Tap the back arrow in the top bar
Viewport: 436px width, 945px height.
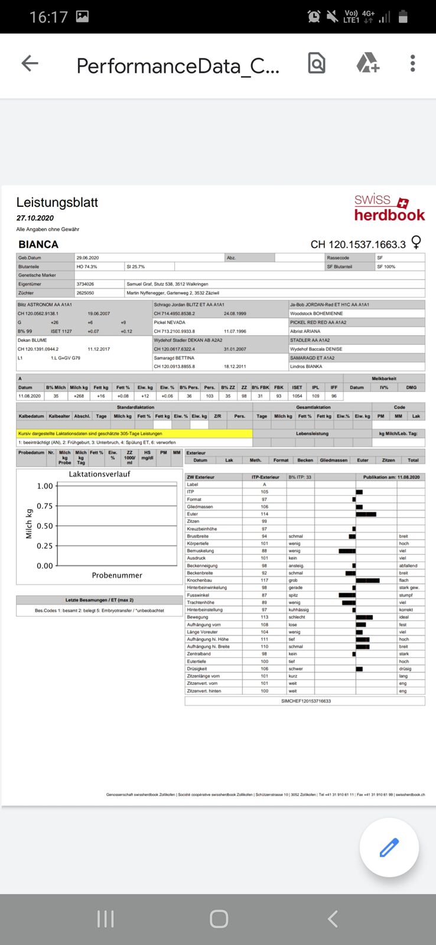[x=30, y=63]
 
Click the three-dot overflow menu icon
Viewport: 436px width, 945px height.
[x=412, y=63]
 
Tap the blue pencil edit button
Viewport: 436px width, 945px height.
[x=389, y=847]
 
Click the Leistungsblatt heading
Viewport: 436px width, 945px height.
[x=57, y=203]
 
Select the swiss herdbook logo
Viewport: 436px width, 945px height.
[x=389, y=208]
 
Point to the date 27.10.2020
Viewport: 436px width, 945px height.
[x=35, y=218]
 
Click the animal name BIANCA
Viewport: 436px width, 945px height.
[x=38, y=245]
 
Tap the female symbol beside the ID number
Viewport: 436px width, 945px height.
[x=417, y=242]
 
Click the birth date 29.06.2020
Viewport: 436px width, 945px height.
[x=87, y=258]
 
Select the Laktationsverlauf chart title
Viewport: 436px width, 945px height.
[x=99, y=474]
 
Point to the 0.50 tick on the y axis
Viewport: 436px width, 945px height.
[x=45, y=526]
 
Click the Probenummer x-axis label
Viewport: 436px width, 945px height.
[x=117, y=575]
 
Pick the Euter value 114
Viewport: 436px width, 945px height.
[x=265, y=514]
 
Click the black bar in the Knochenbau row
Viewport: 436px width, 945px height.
[x=367, y=580]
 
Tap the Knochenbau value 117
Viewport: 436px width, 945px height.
[x=265, y=580]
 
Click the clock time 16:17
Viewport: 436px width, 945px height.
[x=48, y=17]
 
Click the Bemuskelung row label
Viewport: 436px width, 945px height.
[x=200, y=551]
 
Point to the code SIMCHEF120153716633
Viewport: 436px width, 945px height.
[x=305, y=701]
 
